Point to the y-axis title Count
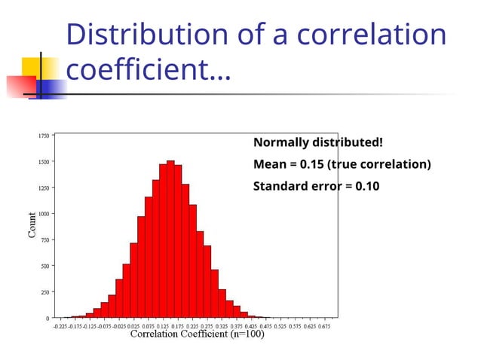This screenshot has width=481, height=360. pyautogui.click(x=32, y=224)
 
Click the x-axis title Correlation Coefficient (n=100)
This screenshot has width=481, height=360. pyautogui.click(x=198, y=335)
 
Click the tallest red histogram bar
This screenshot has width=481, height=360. pyautogui.click(x=170, y=241)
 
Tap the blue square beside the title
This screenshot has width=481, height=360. pyautogui.click(x=50, y=88)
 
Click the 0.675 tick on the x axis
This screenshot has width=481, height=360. pyautogui.click(x=325, y=326)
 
